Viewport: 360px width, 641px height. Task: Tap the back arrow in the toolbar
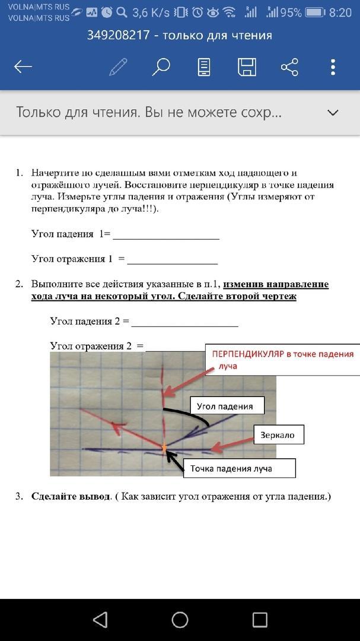pyautogui.click(x=23, y=66)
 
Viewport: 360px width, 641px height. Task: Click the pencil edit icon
pyautogui.click(x=118, y=66)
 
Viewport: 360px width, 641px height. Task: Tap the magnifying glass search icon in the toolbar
pyautogui.click(x=161, y=66)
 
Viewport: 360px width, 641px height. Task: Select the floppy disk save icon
pyautogui.click(x=247, y=66)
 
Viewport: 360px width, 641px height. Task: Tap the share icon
pyautogui.click(x=289, y=66)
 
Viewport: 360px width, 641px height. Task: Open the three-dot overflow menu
pyautogui.click(x=333, y=66)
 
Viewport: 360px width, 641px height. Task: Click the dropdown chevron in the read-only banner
pyautogui.click(x=333, y=112)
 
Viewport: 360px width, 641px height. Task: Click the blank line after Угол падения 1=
pyautogui.click(x=166, y=236)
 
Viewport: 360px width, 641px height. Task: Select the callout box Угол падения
pyautogui.click(x=225, y=406)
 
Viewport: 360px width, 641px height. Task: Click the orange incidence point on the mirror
pyautogui.click(x=164, y=446)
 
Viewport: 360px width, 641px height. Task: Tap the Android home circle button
pyautogui.click(x=180, y=620)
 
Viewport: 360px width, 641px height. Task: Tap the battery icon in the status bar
pyautogui.click(x=316, y=12)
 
